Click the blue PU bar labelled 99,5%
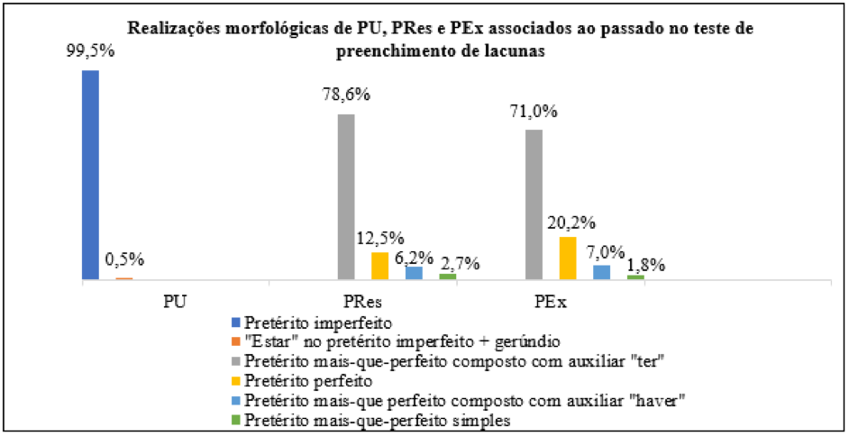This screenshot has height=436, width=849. point(90,175)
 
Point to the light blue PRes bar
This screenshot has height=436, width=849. point(414,273)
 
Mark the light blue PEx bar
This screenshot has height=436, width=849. point(601,272)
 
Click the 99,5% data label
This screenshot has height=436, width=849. point(90,52)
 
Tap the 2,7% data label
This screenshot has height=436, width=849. point(460,264)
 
